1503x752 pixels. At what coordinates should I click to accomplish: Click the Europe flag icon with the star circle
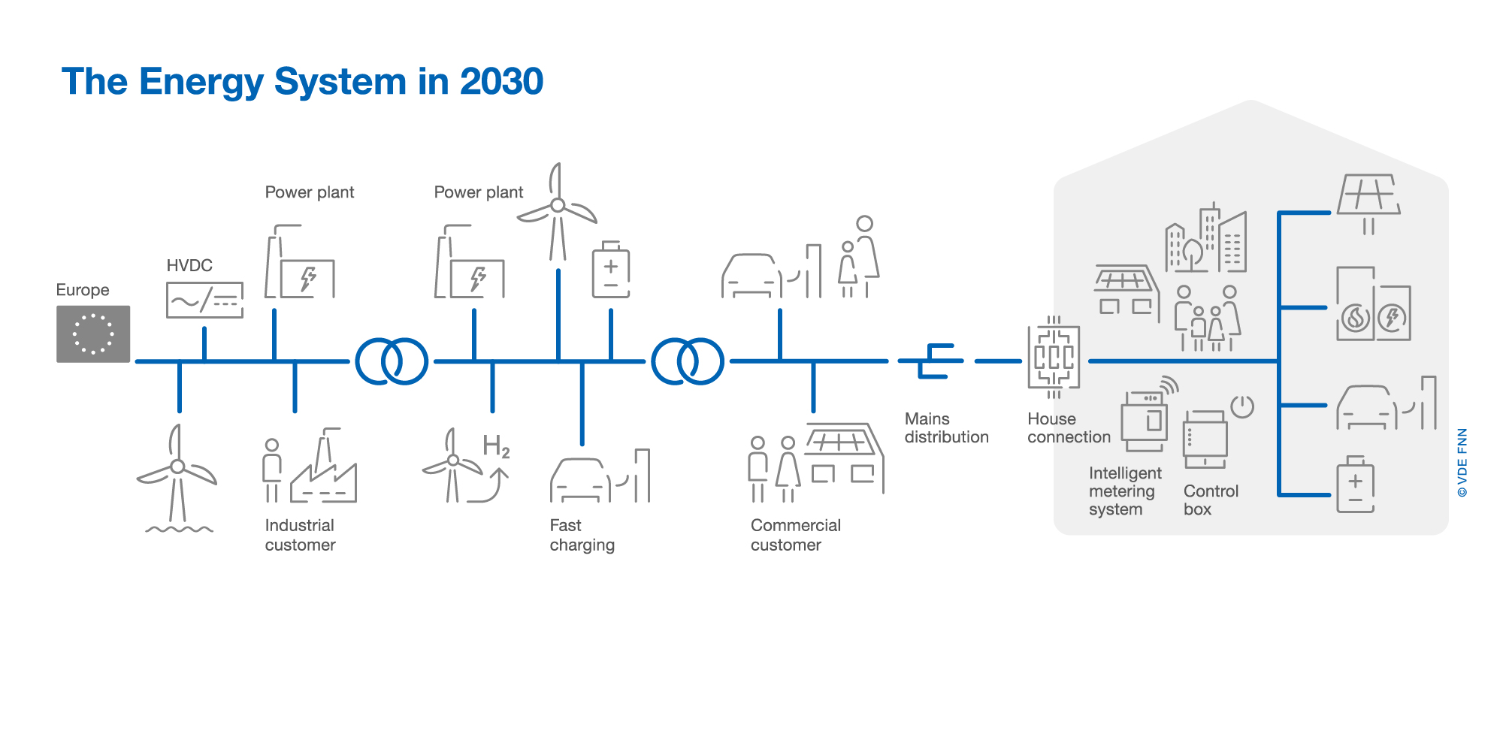tap(93, 334)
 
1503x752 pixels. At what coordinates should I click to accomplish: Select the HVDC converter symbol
tap(204, 300)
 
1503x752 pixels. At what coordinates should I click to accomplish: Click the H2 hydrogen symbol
tap(496, 446)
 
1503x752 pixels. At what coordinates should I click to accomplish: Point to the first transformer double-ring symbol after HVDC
tap(392, 361)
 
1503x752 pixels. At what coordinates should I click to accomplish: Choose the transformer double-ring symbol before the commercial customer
tap(688, 361)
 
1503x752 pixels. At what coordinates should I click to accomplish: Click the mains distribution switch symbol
tap(932, 361)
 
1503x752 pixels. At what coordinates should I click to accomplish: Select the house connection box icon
tap(1054, 358)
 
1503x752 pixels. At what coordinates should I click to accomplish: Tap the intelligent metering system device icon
tap(1144, 421)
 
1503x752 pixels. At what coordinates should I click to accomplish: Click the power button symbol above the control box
tap(1242, 406)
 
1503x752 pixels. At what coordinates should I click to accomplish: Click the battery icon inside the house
tap(1356, 485)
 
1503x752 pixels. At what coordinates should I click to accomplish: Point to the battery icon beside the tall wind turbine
tap(611, 270)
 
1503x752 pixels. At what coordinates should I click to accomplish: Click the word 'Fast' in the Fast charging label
tap(565, 525)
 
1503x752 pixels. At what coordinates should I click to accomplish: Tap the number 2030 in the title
tap(501, 81)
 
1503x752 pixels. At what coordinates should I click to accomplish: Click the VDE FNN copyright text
tap(1462, 463)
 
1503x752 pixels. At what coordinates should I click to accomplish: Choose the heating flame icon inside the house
tap(1356, 318)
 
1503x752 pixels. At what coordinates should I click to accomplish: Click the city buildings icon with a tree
tap(1205, 239)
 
